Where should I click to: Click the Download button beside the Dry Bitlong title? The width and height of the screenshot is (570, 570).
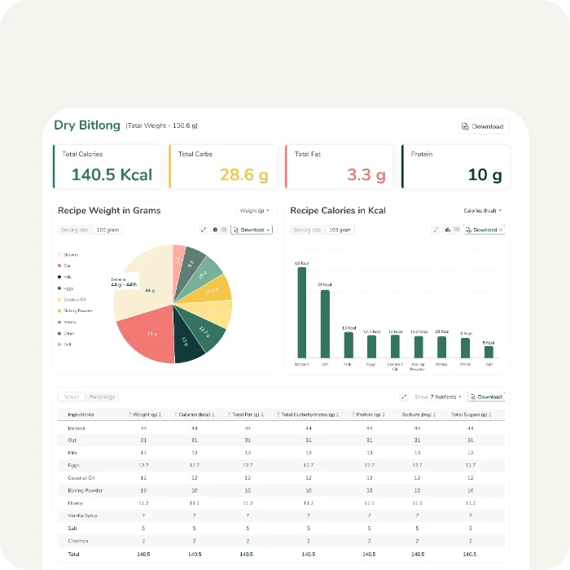[484, 126]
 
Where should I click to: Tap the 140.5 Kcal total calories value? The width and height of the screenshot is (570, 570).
[112, 174]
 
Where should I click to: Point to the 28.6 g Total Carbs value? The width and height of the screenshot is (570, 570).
[244, 174]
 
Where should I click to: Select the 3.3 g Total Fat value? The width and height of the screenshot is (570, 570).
[366, 174]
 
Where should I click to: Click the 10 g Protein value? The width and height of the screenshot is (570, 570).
[484, 174]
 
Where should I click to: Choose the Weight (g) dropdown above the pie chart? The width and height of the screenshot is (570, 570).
[255, 211]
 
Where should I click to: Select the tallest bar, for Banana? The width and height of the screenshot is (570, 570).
[302, 313]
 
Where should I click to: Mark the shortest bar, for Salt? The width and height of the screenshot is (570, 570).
[489, 352]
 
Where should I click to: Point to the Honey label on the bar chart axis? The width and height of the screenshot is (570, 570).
[441, 364]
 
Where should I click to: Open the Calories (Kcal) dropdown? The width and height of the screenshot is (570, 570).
[482, 211]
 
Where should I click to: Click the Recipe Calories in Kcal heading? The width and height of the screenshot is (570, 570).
[338, 211]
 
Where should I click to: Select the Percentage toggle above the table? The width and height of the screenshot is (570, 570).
[103, 397]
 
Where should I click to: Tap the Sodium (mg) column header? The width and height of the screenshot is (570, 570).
[416, 414]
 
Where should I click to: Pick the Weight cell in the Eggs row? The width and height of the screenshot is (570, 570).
[143, 465]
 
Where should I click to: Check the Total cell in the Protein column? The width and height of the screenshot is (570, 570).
[370, 554]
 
